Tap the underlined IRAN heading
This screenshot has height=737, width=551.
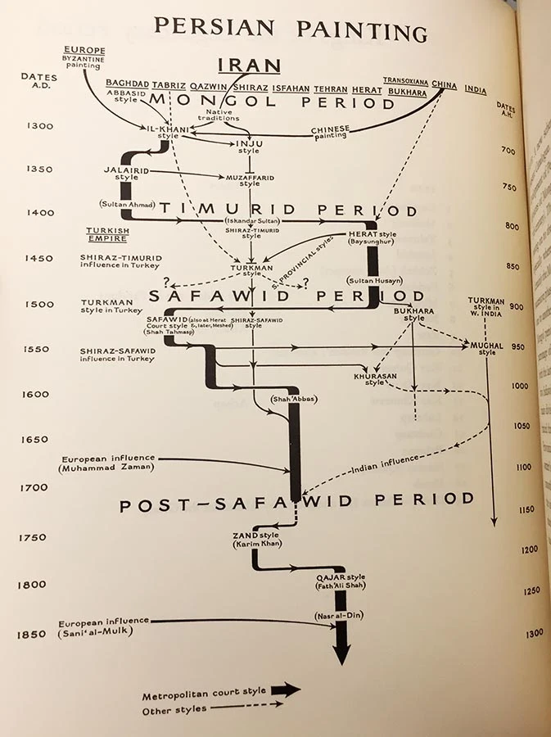click(249, 66)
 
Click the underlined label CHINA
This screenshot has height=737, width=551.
click(444, 84)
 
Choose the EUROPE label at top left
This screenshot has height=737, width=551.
click(84, 49)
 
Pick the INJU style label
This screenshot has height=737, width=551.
click(248, 147)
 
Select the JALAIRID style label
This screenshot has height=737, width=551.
click(121, 173)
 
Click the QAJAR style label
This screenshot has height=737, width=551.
click(339, 580)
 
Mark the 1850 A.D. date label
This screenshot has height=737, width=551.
click(34, 635)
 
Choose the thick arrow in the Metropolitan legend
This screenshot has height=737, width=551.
click(286, 690)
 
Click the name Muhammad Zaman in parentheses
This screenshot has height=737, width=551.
click(106, 468)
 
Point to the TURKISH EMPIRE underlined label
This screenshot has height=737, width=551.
click(107, 234)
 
